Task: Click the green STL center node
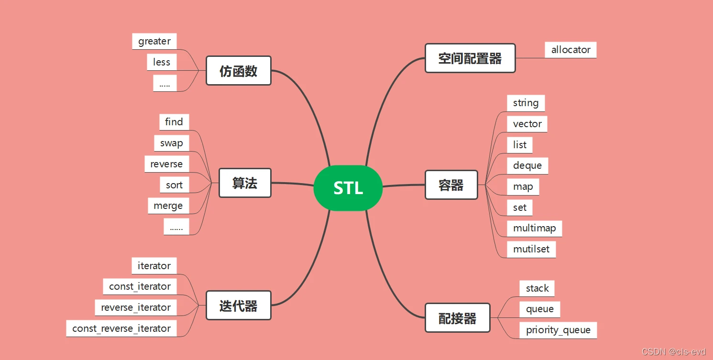tap(348, 188)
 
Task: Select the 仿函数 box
tap(239, 71)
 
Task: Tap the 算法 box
tap(245, 183)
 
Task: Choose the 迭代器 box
tap(239, 305)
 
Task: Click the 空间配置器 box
tap(470, 58)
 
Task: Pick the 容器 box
tap(451, 185)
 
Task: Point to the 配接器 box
tap(458, 317)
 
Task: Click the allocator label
tap(570, 50)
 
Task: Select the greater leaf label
tap(154, 42)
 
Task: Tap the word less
tap(162, 62)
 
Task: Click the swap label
tap(172, 143)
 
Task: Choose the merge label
tap(168, 206)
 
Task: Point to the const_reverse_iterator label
tap(121, 328)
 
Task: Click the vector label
tap(527, 124)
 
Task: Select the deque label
tap(527, 166)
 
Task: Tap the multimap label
tap(535, 229)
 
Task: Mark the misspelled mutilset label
tap(531, 250)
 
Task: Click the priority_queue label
tap(558, 330)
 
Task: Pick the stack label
tap(537, 288)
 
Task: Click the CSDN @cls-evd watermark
tap(673, 351)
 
